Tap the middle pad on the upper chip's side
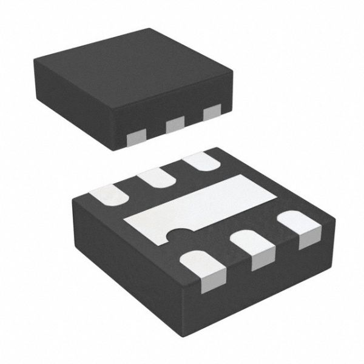coord(175,126)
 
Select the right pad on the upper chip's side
coord(212,112)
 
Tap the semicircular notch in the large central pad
coord(177,232)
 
